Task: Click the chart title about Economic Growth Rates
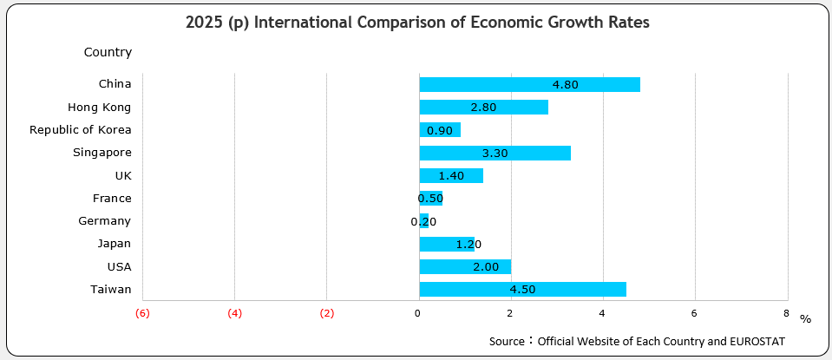point(417,23)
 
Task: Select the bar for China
point(529,84)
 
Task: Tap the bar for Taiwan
point(522,290)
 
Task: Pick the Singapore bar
point(495,153)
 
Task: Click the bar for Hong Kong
point(483,107)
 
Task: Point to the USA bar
point(465,266)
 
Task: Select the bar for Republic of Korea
point(439,130)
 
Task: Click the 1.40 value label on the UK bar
point(452,176)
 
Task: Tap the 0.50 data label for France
point(430,199)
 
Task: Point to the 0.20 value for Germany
point(423,221)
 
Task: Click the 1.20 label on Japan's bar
point(468,245)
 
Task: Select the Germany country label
point(104,221)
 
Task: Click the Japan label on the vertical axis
point(115,244)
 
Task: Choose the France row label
point(112,198)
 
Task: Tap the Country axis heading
point(108,52)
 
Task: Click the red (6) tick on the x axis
point(142,313)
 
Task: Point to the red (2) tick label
point(326,313)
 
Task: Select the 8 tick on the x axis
point(786,313)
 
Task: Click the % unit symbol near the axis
point(805,319)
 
